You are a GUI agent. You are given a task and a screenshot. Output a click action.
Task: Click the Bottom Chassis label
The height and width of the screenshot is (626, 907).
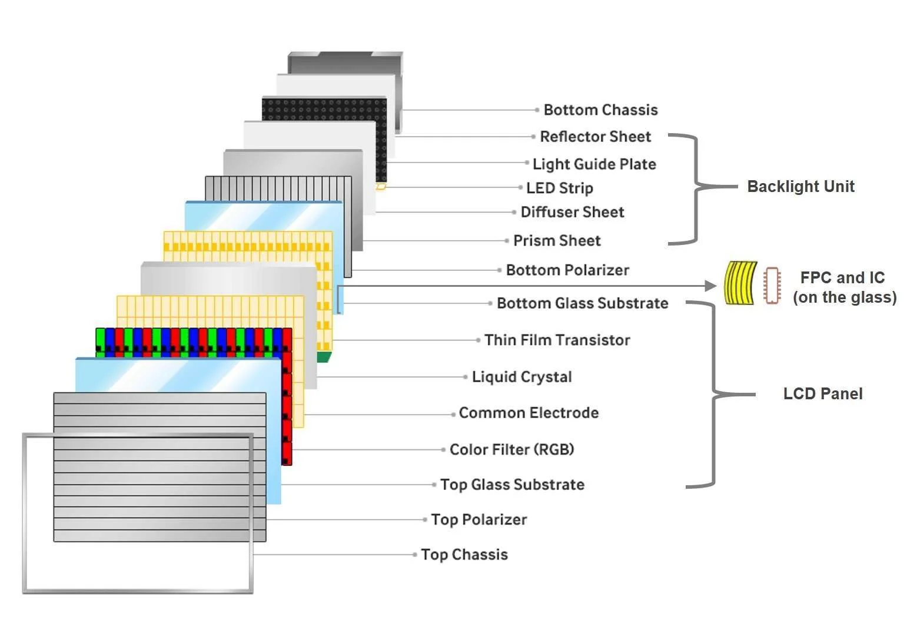(x=600, y=110)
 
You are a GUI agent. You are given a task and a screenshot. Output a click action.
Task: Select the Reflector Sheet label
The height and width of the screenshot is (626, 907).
(x=595, y=137)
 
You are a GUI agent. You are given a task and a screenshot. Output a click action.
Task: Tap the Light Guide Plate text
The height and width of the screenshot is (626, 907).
(x=594, y=164)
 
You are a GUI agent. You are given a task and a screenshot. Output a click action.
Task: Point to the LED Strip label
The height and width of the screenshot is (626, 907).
(x=559, y=188)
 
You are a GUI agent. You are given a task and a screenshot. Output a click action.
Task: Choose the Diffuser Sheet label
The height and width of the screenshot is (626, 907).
(x=572, y=212)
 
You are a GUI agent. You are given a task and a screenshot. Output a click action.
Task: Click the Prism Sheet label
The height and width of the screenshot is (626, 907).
(x=557, y=241)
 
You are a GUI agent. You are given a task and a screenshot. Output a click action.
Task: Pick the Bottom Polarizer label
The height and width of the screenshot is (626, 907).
(x=567, y=270)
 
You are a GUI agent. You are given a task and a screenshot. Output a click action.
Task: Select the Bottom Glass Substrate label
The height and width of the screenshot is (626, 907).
(x=582, y=303)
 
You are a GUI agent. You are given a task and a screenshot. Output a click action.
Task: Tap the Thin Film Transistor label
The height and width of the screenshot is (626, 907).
(x=557, y=340)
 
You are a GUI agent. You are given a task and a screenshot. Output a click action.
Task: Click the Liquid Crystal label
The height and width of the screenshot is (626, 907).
(x=521, y=377)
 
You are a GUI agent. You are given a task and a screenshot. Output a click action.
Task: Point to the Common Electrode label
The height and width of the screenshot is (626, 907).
(x=529, y=413)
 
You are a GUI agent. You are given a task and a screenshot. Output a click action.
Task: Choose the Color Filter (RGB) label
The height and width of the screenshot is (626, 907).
(x=511, y=450)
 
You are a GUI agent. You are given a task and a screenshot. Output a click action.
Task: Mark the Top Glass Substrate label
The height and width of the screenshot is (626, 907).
(x=512, y=485)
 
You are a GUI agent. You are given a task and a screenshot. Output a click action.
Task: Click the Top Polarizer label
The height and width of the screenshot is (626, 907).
(x=479, y=520)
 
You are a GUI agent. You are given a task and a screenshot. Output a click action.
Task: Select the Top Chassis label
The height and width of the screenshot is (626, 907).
(x=464, y=555)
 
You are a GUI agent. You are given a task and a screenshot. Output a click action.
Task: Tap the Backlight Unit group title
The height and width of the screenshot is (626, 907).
(x=800, y=187)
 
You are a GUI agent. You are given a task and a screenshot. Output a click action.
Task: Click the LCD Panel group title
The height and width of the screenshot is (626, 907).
(x=822, y=394)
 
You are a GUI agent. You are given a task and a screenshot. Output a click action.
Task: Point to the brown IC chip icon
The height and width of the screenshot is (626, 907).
(x=772, y=286)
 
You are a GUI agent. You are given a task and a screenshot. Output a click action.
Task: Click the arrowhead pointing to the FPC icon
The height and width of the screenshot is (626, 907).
(x=710, y=286)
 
